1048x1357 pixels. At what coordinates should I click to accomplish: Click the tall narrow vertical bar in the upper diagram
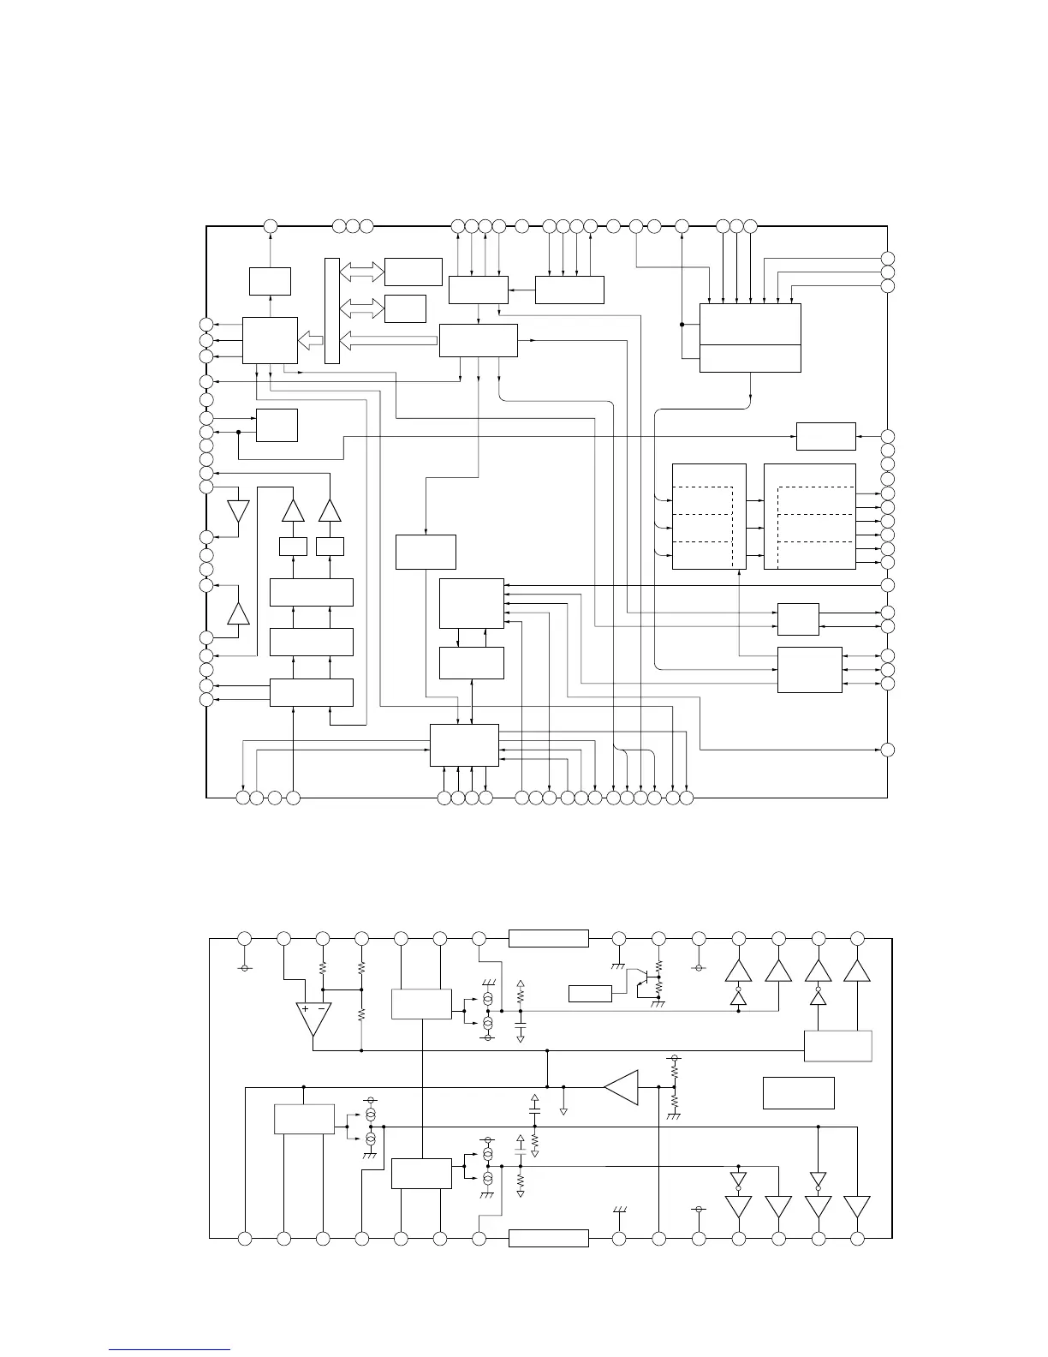pyautogui.click(x=332, y=310)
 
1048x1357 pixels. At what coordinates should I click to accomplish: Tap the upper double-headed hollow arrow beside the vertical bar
pyautogui.click(x=362, y=272)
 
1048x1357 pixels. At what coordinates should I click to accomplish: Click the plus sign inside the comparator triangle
pyautogui.click(x=305, y=1008)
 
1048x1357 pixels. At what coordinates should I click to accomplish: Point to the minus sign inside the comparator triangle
pyautogui.click(x=321, y=1008)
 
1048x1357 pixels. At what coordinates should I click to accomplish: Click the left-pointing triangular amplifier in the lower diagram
pyautogui.click(x=623, y=1086)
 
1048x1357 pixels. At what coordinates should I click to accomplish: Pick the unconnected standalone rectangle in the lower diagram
pyautogui.click(x=798, y=1092)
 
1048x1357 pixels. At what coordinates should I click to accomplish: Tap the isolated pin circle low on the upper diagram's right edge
pyautogui.click(x=888, y=750)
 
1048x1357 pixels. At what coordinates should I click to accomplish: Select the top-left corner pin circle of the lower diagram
pyautogui.click(x=244, y=938)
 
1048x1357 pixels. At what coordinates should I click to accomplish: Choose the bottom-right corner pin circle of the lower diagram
pyautogui.click(x=857, y=1238)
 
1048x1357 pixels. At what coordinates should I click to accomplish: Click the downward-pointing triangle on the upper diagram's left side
pyautogui.click(x=238, y=511)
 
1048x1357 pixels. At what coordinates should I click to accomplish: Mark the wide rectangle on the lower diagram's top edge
pyautogui.click(x=548, y=938)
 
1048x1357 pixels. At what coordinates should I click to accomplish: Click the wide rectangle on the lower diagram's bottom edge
pyautogui.click(x=548, y=1238)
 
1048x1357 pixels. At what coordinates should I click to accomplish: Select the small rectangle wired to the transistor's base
pyautogui.click(x=590, y=994)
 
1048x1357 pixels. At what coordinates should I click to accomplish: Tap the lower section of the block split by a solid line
pyautogui.click(x=750, y=358)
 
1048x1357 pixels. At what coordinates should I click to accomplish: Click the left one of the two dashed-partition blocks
pyautogui.click(x=709, y=517)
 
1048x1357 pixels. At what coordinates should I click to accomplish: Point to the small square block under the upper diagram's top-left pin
pyautogui.click(x=270, y=280)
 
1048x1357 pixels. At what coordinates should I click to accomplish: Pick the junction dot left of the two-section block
pyautogui.click(x=682, y=325)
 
